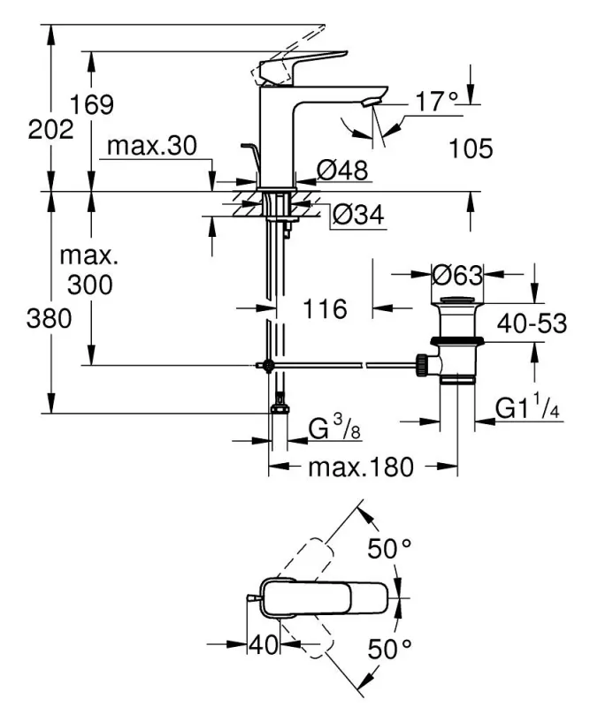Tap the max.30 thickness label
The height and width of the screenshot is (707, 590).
point(150,146)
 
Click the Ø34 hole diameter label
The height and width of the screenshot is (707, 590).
point(359,216)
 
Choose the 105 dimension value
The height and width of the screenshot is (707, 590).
point(470,148)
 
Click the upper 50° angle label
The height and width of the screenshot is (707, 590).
point(390,549)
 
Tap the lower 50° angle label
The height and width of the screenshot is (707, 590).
point(390,651)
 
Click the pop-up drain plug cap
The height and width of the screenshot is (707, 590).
point(456,306)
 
